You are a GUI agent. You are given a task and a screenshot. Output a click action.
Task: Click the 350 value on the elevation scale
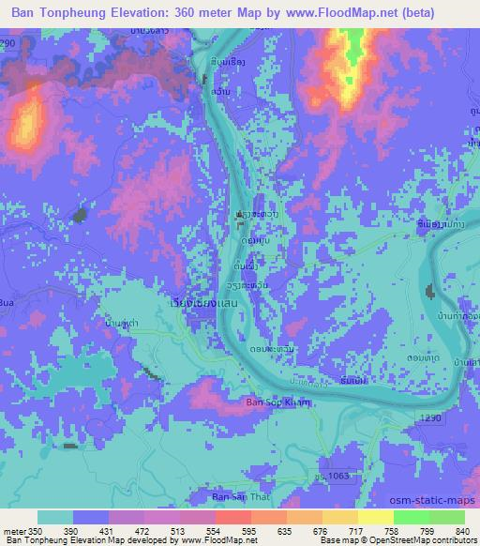[34, 531]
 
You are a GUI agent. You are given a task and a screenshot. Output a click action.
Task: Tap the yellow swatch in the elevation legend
[374, 518]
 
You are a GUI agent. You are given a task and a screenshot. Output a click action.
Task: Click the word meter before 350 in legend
[12, 531]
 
